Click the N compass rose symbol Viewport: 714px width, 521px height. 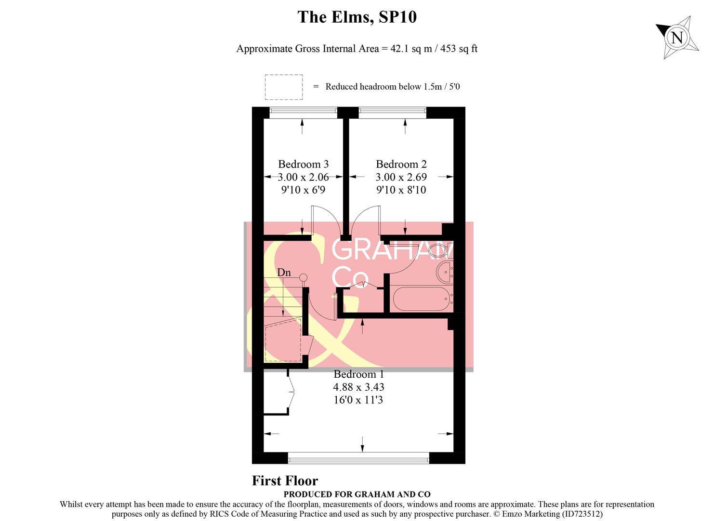(x=677, y=37)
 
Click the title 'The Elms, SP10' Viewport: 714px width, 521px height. (x=357, y=17)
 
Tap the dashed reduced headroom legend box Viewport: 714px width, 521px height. (x=284, y=87)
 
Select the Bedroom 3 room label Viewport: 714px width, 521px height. (x=303, y=164)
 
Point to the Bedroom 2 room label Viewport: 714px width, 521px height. (x=401, y=164)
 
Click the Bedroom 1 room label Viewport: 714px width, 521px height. (x=358, y=374)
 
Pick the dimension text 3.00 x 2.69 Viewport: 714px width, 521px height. (x=401, y=177)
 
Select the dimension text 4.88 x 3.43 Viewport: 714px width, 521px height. (x=358, y=387)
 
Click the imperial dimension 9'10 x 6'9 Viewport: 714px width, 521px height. (x=303, y=190)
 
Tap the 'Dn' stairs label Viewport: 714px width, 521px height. (x=284, y=273)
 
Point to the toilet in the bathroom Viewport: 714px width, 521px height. (x=438, y=250)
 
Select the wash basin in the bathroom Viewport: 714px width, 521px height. (x=444, y=273)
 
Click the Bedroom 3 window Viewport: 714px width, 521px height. (x=303, y=112)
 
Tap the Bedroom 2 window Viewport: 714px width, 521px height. (x=393, y=112)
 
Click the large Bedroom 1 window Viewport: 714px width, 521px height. (x=358, y=458)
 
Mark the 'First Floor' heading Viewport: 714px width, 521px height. (x=285, y=481)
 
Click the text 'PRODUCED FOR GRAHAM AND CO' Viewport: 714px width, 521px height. (x=357, y=494)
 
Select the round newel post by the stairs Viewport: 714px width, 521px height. (x=303, y=277)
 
